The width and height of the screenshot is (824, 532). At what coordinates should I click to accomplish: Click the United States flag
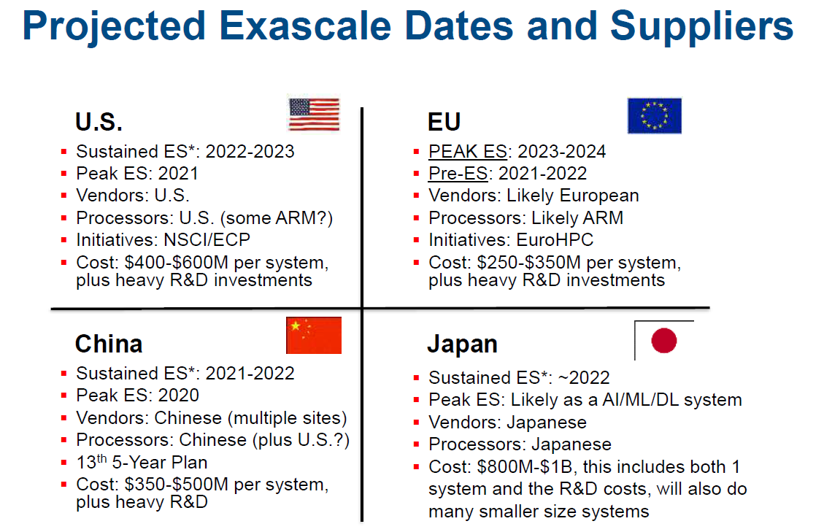315,114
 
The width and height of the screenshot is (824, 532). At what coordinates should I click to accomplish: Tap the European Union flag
654,115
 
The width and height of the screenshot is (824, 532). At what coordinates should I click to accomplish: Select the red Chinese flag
314,336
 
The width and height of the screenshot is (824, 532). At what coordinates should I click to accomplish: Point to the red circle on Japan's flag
663,340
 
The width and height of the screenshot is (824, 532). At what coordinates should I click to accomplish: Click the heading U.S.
99,122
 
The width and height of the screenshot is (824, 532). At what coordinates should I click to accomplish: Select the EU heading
444,122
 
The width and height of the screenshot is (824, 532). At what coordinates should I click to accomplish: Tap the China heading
109,344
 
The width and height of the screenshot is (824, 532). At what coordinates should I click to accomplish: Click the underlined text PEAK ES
468,151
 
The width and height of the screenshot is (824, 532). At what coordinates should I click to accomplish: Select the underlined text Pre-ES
458,174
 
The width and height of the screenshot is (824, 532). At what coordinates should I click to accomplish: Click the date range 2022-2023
250,151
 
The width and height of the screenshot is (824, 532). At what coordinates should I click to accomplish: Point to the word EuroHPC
555,239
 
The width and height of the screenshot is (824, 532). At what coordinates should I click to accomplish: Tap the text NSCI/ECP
207,239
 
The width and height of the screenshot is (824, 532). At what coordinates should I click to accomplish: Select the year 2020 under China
179,396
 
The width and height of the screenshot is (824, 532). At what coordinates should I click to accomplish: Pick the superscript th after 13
102,458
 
